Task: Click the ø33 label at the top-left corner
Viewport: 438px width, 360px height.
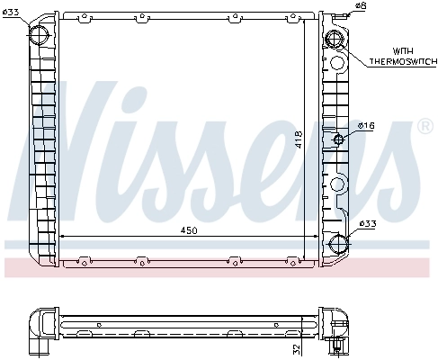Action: (11, 11)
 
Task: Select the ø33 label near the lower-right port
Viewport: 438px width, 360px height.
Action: (367, 224)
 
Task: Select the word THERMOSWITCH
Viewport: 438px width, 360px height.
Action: (400, 60)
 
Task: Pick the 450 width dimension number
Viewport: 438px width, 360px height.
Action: (188, 230)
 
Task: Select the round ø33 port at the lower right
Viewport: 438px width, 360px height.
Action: (337, 244)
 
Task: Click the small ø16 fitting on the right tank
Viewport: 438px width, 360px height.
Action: (339, 139)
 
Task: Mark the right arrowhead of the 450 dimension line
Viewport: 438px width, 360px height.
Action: (315, 237)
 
